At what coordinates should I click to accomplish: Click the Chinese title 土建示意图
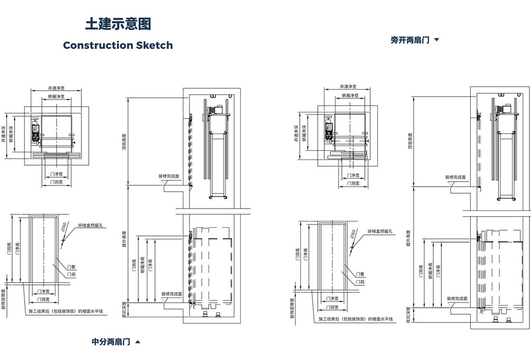tap(118, 24)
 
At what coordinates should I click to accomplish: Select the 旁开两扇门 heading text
tap(410, 40)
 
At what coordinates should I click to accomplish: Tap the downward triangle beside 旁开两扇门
tap(437, 40)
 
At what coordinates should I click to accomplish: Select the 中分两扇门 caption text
tap(111, 341)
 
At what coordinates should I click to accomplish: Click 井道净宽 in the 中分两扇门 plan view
tap(56, 88)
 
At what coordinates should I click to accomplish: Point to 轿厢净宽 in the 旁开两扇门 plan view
tap(350, 95)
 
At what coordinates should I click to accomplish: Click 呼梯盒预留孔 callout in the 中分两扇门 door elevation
tap(90, 225)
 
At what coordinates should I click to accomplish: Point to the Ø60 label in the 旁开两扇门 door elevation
tap(353, 233)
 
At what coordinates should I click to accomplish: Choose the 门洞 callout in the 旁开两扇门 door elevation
tap(360, 282)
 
